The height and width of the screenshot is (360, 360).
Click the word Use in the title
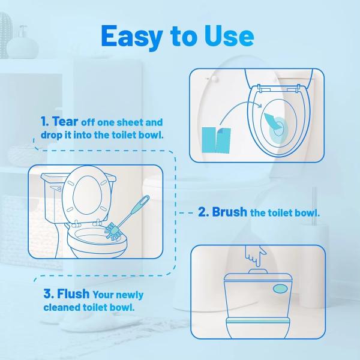point(229,36)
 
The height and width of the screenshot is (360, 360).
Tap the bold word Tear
point(65,121)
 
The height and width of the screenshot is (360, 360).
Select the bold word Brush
point(229,212)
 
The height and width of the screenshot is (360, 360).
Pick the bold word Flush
point(73,293)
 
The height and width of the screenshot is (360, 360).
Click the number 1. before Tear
point(45,121)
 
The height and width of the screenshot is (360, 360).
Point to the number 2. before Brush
point(203,212)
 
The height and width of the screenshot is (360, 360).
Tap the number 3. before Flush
point(49,294)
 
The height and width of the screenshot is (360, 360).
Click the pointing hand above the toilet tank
point(255,256)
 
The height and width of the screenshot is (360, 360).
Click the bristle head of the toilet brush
point(113,232)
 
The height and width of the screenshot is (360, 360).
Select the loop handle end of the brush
point(145,200)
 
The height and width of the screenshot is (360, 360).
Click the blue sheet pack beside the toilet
point(216,140)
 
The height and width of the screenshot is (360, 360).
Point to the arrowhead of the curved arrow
point(259,105)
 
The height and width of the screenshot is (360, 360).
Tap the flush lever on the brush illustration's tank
point(56,188)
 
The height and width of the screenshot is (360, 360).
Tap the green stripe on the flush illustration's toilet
point(257,320)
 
